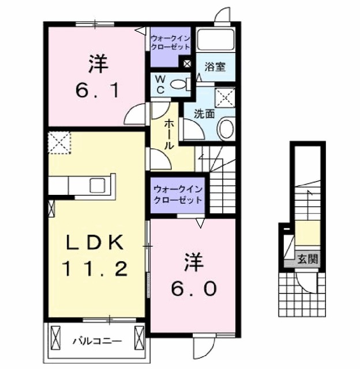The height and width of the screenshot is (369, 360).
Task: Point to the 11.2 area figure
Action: click(96, 269)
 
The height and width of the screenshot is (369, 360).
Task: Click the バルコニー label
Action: click(96, 341)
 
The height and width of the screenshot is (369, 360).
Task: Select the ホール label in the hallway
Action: click(169, 134)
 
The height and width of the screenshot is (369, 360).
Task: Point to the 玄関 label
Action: click(307, 259)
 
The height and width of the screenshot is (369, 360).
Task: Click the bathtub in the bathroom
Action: click(216, 41)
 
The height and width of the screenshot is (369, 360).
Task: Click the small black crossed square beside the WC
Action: click(187, 65)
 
